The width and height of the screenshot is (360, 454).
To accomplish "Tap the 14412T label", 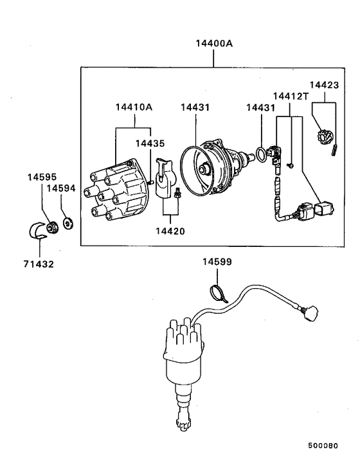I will point(291,96).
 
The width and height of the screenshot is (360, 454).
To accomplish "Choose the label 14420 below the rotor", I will point(170,230).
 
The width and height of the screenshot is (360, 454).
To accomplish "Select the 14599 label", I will point(217,262).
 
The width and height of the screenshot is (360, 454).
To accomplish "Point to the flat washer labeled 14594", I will point(69,224).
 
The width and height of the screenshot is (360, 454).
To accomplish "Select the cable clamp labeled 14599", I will point(217,294).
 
